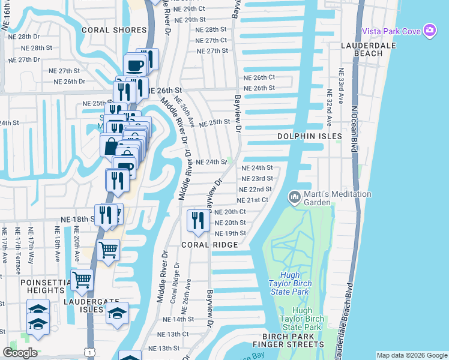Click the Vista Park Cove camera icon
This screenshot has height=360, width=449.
point(429,31)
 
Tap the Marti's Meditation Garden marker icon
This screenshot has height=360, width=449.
point(295,197)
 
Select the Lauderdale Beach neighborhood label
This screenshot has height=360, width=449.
point(361,49)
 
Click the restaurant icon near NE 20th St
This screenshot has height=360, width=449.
point(196,221)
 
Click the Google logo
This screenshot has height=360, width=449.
point(20,352)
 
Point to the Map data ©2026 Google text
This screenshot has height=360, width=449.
point(411,355)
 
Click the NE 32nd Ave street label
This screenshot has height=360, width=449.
point(330,108)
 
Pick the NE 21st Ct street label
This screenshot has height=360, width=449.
point(252,200)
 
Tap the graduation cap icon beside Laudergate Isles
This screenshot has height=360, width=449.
point(117,313)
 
